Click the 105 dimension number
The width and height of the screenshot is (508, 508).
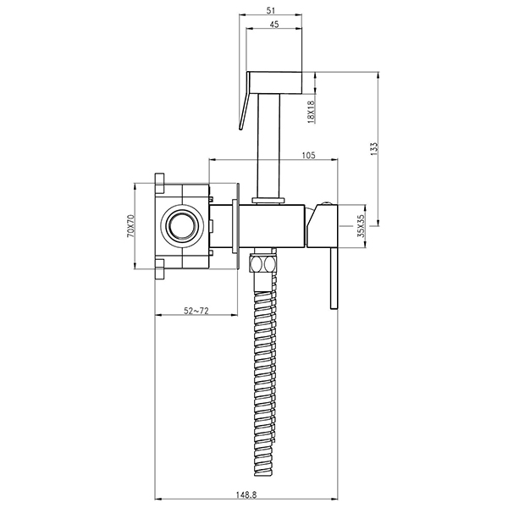(x=308, y=155)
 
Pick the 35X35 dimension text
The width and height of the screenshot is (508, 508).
(x=362, y=219)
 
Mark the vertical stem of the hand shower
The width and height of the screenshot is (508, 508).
(x=272, y=144)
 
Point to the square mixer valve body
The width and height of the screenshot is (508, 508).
(x=271, y=225)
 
